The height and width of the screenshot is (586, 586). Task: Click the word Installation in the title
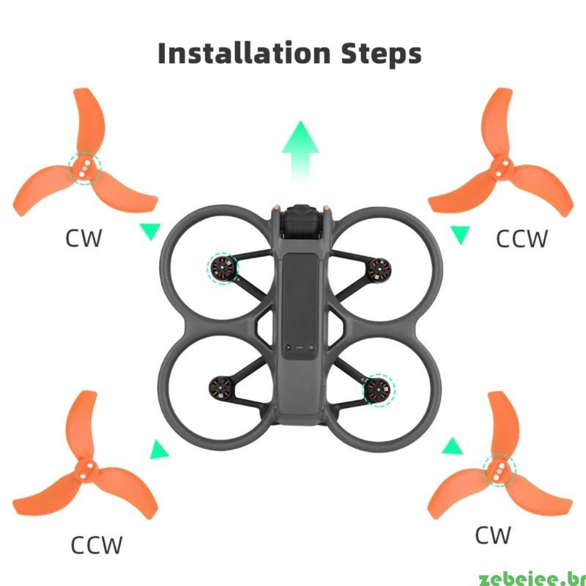pyautogui.click(x=244, y=53)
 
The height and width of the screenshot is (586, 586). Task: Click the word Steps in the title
pyautogui.click(x=381, y=54)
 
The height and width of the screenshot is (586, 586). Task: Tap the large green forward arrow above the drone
pyautogui.click(x=300, y=152)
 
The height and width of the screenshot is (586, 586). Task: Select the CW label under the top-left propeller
pyautogui.click(x=84, y=239)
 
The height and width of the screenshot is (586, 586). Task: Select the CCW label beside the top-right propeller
pyautogui.click(x=522, y=239)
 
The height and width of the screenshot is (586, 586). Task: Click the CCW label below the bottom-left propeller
pyautogui.click(x=97, y=545)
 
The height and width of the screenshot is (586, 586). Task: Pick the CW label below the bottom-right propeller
pyautogui.click(x=492, y=535)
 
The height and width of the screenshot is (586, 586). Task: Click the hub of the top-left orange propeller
pyautogui.click(x=84, y=168)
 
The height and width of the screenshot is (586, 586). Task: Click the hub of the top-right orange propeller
pyautogui.click(x=502, y=168)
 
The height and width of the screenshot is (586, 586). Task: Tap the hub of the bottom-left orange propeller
pyautogui.click(x=86, y=471)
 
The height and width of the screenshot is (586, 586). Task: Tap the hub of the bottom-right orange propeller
pyautogui.click(x=499, y=470)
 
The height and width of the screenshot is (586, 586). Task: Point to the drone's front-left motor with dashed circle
pyautogui.click(x=223, y=267)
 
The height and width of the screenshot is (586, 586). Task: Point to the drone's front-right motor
pyautogui.click(x=379, y=270)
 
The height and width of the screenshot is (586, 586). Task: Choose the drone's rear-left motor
pyautogui.click(x=221, y=389)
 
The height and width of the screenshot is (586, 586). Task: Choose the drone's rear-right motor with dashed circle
pyautogui.click(x=379, y=390)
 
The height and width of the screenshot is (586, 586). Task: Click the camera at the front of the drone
pyautogui.click(x=300, y=223)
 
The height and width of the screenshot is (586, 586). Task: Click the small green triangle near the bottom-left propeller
pyautogui.click(x=158, y=450)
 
